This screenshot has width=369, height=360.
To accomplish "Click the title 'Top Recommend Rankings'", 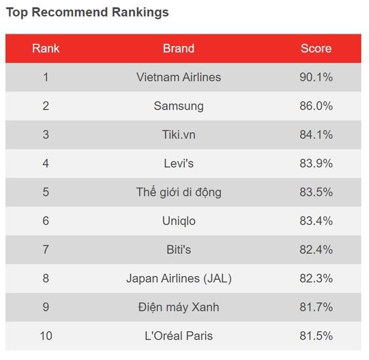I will [x=87, y=12].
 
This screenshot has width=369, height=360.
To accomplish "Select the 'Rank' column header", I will [x=46, y=48].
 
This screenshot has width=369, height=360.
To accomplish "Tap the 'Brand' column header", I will [x=178, y=48].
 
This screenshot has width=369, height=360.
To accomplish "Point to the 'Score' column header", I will [x=316, y=48].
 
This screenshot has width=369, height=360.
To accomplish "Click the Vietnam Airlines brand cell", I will [x=178, y=77].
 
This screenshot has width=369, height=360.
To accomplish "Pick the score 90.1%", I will [x=316, y=77].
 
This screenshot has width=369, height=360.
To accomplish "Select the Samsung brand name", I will [x=178, y=106].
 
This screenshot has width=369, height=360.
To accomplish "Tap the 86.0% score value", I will [x=316, y=106].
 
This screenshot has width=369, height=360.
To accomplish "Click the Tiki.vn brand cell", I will [x=178, y=135].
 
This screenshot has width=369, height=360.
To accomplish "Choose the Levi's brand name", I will [x=178, y=164].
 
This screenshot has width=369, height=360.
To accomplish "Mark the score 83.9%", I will [x=316, y=164].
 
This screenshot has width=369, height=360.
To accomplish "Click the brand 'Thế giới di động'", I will [x=178, y=192].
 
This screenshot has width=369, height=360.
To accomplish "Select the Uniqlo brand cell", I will [x=178, y=221].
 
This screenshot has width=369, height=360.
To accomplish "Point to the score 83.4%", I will [x=316, y=221].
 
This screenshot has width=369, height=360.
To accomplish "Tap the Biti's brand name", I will [x=178, y=250].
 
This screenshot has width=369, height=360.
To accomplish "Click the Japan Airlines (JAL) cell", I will [x=178, y=279].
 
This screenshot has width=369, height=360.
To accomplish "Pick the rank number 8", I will [x=46, y=279].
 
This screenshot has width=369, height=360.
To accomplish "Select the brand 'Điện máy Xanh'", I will [x=178, y=307].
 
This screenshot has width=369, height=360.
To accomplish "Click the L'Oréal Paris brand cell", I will [x=178, y=336].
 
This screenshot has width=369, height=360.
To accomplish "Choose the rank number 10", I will [x=46, y=336].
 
